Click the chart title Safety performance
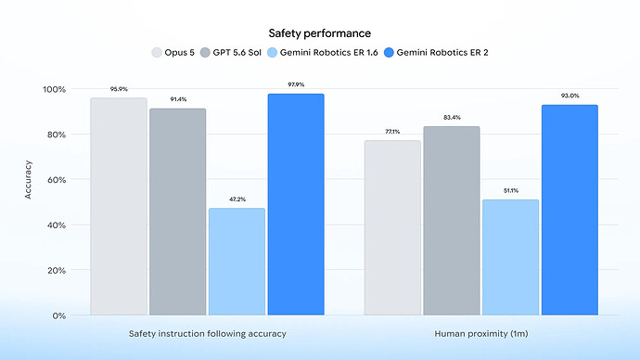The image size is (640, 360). pos(320,33)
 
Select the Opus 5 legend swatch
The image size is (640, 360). pos(157,53)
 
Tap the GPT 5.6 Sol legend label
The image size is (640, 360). pos(237,53)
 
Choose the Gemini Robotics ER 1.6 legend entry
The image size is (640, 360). pos(323,53)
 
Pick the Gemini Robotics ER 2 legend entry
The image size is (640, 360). pos(436,53)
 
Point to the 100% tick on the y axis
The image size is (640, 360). pos(55,89)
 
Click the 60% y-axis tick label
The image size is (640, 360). pos(57,180)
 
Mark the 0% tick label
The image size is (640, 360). pos(59,315)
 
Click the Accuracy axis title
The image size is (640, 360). pos(28,180)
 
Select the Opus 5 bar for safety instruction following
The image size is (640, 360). pos(119,206)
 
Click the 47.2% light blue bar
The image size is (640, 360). pos(237,262)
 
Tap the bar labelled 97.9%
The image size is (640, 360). pos(296,204)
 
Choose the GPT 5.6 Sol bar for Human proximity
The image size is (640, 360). pos(452,221)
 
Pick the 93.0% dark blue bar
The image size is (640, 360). pos(570,210)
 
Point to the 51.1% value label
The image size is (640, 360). pos(511,190)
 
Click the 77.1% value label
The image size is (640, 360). pos(392,132)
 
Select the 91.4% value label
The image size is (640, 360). pos(178,99)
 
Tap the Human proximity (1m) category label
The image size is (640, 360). pos(481,334)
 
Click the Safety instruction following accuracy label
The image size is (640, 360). pos(208,334)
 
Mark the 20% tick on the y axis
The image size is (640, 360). pos(57,271)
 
